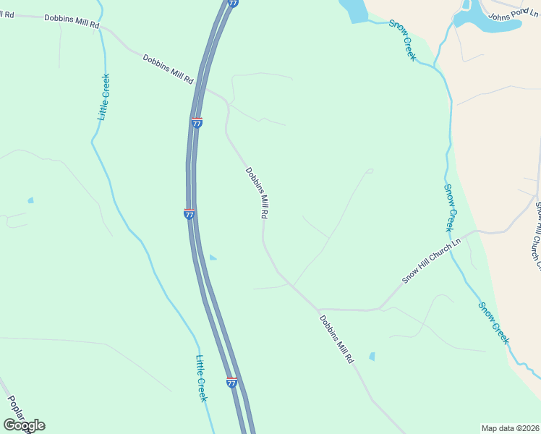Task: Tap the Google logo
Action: point(24,425)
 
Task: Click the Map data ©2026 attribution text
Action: point(511,428)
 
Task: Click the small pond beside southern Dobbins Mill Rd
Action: point(372,356)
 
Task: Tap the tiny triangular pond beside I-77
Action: point(212,258)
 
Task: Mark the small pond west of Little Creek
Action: point(30,200)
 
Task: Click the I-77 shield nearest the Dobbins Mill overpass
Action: point(197,122)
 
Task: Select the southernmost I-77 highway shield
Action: point(231,382)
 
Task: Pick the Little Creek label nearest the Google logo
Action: point(202,378)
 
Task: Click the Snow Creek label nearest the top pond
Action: point(403,40)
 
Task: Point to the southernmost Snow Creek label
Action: point(494,323)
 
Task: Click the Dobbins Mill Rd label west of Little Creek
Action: point(71,22)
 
